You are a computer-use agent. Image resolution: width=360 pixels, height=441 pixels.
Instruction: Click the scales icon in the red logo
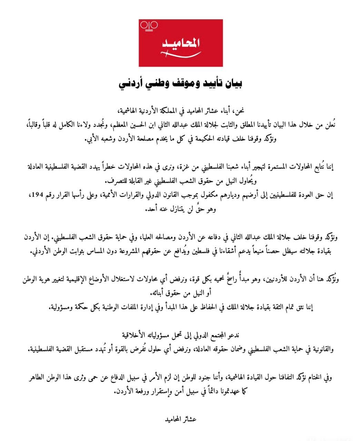(149, 26)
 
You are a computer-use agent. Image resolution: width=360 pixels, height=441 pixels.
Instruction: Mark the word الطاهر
(37, 377)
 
